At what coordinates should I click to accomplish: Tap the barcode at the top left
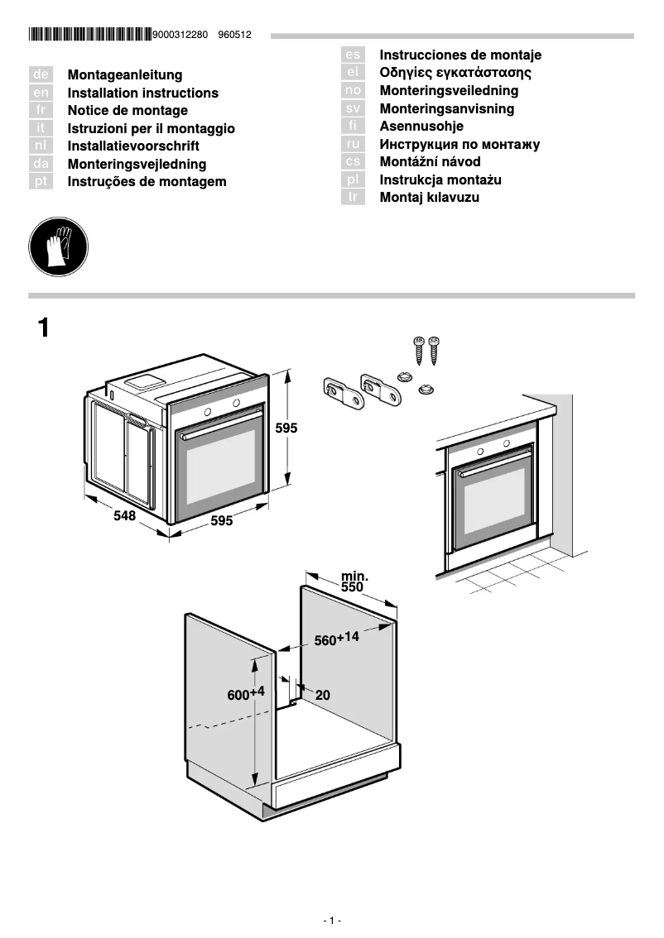(90, 35)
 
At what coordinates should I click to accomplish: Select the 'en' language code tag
(41, 93)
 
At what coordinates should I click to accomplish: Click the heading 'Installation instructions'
(142, 93)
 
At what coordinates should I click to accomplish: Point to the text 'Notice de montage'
(128, 111)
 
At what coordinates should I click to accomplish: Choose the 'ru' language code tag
(353, 144)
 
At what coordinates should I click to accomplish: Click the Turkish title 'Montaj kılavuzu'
(429, 198)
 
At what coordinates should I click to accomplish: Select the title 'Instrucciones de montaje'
(460, 55)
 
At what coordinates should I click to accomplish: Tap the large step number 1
(44, 328)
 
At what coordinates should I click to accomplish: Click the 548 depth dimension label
(124, 516)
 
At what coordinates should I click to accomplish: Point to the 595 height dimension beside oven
(286, 428)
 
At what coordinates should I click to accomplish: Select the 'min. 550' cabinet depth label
(353, 581)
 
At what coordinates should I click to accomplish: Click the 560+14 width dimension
(336, 639)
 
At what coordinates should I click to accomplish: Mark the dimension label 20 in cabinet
(322, 696)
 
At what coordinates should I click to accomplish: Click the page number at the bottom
(331, 921)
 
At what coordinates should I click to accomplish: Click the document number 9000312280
(180, 35)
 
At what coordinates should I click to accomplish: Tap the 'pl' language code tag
(353, 179)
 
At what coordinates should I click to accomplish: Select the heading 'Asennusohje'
(421, 127)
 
